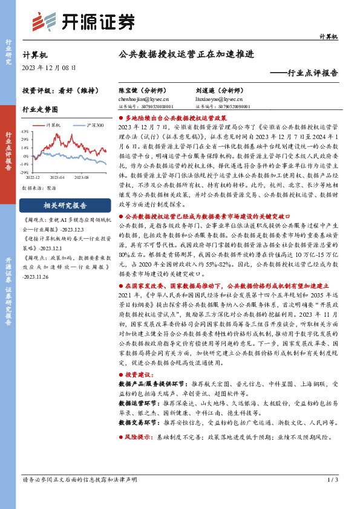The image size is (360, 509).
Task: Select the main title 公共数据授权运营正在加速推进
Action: click(x=186, y=54)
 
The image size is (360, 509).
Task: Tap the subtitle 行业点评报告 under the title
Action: click(x=308, y=73)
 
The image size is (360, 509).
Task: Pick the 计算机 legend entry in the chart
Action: click(x=54, y=125)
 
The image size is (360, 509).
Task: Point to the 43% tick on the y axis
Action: click(x=25, y=131)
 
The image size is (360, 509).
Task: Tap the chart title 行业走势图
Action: click(x=40, y=109)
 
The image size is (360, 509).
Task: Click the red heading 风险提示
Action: click(x=137, y=435)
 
